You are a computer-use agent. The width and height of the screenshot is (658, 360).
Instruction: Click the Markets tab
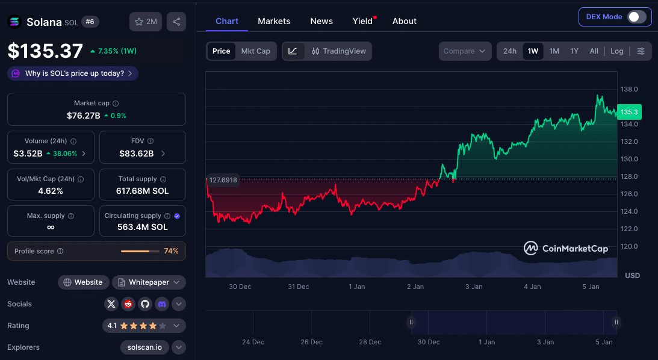(274, 21)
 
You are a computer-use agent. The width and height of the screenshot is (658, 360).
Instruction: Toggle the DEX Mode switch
(636, 17)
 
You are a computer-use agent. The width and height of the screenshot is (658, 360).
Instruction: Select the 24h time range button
(510, 51)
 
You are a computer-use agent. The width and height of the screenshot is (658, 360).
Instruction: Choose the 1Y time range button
(574, 51)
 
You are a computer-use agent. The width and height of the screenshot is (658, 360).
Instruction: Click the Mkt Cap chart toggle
(256, 51)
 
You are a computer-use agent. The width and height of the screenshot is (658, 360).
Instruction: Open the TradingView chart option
(339, 51)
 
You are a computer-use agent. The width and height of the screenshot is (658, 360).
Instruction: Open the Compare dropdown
(464, 51)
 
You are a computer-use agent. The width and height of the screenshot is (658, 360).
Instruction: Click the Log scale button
(616, 51)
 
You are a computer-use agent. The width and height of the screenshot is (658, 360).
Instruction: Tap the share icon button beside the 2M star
(176, 22)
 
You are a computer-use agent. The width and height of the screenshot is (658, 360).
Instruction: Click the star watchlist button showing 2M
(146, 22)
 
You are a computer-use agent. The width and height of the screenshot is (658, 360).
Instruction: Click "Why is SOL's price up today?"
(74, 73)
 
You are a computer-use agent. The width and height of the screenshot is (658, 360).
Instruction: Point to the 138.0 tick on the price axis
(629, 89)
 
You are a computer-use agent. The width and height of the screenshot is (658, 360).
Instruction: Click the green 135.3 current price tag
(629, 112)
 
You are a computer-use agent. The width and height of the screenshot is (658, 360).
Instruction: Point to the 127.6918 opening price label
(223, 180)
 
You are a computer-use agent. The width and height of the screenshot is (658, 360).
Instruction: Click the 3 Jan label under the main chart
(474, 287)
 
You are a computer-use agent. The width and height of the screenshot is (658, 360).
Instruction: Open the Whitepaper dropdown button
(149, 282)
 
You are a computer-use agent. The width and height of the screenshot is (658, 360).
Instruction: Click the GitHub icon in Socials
(145, 304)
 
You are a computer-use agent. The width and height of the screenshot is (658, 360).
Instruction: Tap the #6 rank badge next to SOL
(90, 22)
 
